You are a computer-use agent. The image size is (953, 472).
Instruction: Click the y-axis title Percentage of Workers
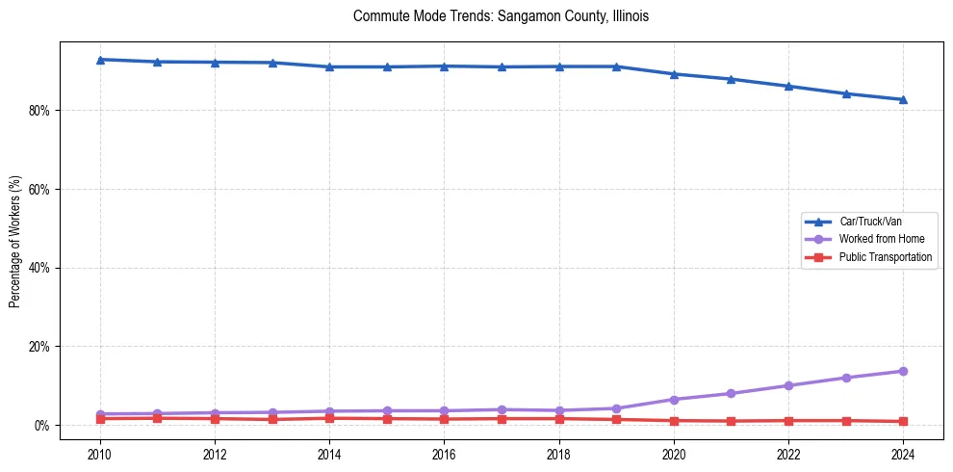coord(15,241)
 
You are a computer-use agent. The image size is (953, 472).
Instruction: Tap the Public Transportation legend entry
coord(885,257)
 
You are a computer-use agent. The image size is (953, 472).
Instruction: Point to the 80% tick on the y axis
coord(39,111)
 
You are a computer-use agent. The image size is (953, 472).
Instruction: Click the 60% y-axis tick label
coord(39,190)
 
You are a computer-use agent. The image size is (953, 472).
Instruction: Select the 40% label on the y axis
coord(39,268)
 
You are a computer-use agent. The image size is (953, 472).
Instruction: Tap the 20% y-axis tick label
coord(39,347)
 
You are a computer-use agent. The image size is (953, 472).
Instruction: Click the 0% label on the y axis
coord(42,426)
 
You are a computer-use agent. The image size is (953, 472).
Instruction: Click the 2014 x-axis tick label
coord(329,453)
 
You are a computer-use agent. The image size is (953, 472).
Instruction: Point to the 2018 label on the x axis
coord(559,453)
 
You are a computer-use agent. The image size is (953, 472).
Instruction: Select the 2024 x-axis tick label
coord(903,453)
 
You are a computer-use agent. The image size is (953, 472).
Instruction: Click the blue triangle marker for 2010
coord(100,60)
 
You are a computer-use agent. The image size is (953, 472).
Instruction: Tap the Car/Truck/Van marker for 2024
coord(903,99)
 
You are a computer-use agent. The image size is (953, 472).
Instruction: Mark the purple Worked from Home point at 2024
coord(903,371)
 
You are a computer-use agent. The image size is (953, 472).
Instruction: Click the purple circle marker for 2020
coord(674,400)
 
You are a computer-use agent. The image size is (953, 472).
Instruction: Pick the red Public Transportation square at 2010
coord(100,418)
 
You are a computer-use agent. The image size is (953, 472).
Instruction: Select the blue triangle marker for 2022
coord(788,86)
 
